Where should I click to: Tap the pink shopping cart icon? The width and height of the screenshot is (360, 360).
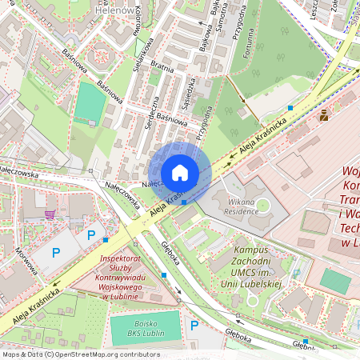pyautogui.click(x=50, y=214)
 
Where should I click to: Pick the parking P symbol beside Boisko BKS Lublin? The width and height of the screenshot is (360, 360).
pyautogui.click(x=194, y=325)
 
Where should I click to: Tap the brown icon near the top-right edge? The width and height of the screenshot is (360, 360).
pyautogui.click(x=323, y=116)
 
